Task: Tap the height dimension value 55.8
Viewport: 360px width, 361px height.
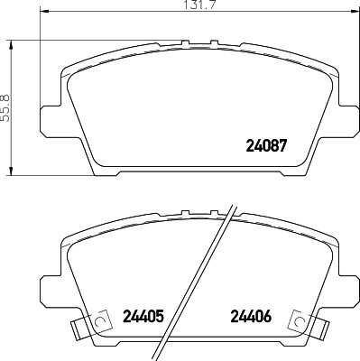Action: click(5, 106)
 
